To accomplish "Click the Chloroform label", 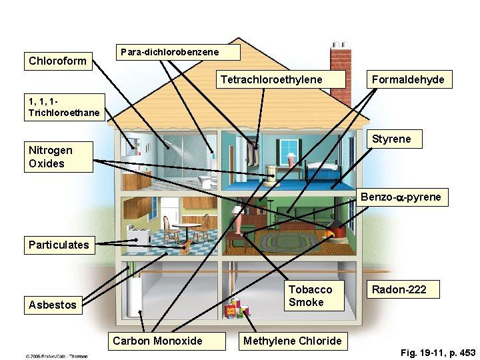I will point(57,61).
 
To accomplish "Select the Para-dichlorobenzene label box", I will point(169,51).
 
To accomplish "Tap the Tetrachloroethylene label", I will point(271,80).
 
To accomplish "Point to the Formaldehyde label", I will point(408,80).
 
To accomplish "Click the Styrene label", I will point(391,139).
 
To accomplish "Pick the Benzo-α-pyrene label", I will point(401,197).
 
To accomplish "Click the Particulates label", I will point(59,245).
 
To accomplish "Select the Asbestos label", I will point(53,305).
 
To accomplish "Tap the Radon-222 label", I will point(398,289).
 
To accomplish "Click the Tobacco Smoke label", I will point(310,296).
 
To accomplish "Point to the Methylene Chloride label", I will point(292,341).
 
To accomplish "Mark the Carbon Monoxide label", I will point(157,341).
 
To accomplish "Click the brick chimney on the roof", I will point(340,64).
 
